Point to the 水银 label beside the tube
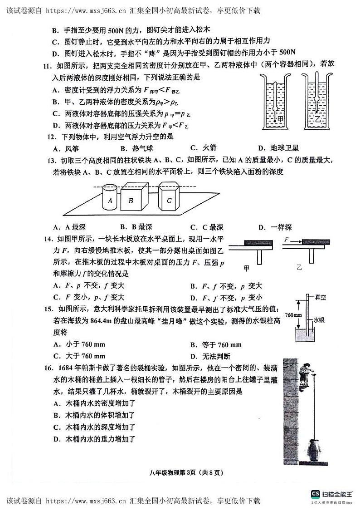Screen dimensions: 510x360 pyautogui.click(x=320, y=319)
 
